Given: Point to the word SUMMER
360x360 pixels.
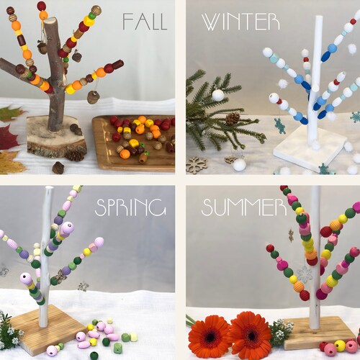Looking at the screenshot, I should tap(235, 207).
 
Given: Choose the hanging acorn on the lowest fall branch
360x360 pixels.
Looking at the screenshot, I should tap(94, 96).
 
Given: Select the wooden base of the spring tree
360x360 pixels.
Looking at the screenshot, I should tap(50, 331).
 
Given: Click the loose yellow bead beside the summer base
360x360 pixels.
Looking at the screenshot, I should tap(340, 346).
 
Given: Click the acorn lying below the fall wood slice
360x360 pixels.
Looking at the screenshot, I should tap(58, 167).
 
